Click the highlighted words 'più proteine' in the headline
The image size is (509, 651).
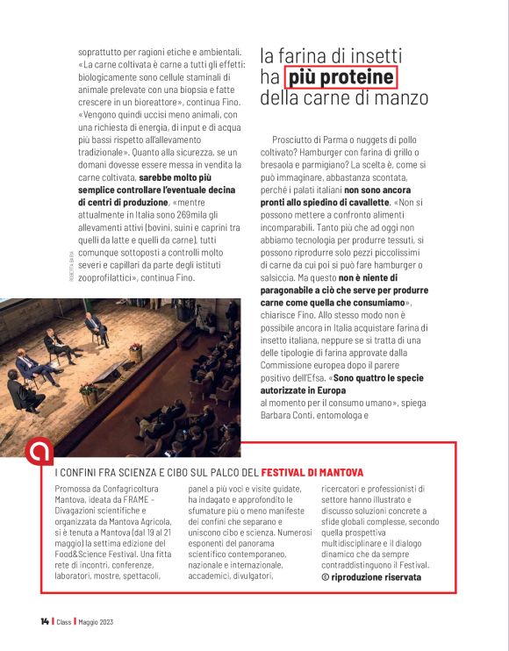point(341,77)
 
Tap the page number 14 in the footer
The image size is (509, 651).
point(44,622)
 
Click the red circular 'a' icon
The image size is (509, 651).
point(39,453)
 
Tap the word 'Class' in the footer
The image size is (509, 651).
point(64,622)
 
